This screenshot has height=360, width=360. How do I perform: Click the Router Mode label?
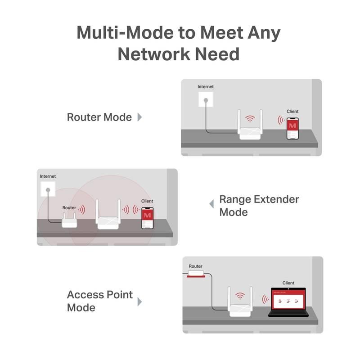pyautogui.click(x=99, y=117)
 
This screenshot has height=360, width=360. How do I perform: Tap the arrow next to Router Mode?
pyautogui.click(x=139, y=117)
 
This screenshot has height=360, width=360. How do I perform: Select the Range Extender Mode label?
pyautogui.click(x=259, y=205)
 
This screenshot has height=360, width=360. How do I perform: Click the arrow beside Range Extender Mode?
pyautogui.click(x=211, y=204)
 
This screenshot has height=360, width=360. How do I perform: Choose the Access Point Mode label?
pyautogui.click(x=99, y=301)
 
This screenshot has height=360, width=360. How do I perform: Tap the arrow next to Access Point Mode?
pyautogui.click(x=139, y=301)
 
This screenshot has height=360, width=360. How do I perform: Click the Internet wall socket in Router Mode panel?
pyautogui.click(x=206, y=99)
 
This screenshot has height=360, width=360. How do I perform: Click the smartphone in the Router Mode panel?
pyautogui.click(x=292, y=128)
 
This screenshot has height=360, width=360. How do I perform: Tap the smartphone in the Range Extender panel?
pyautogui.click(x=147, y=218)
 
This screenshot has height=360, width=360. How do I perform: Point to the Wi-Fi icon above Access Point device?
pyautogui.click(x=240, y=296)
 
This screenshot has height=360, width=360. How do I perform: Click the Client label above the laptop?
pyautogui.click(x=288, y=283)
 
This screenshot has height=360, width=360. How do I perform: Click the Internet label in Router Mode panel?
pyautogui.click(x=206, y=86)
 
